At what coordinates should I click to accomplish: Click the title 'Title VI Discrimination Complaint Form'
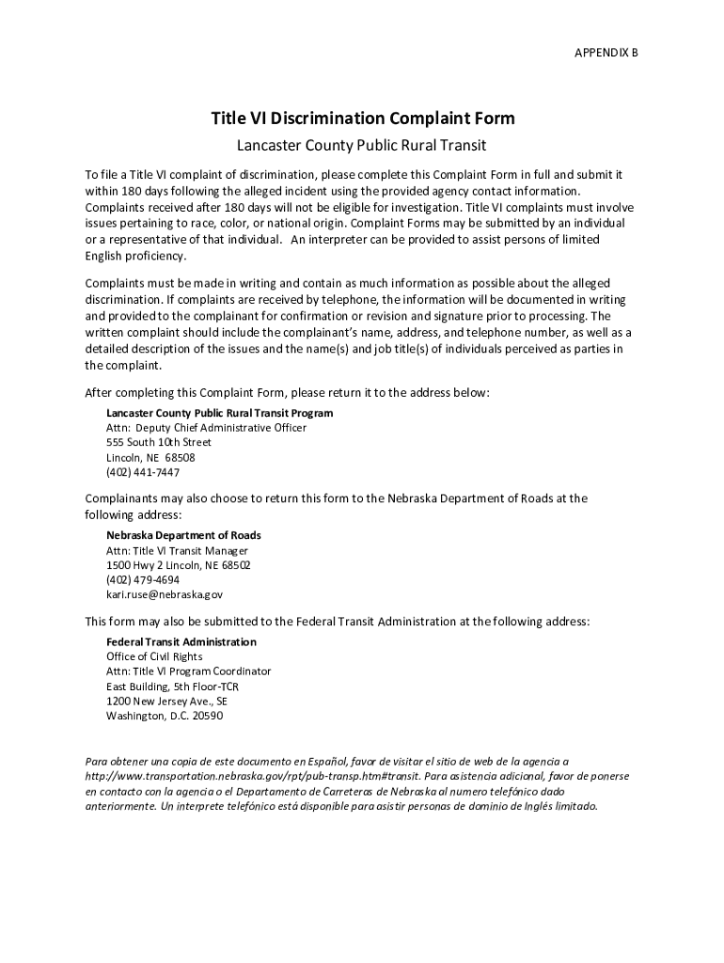pyautogui.click(x=362, y=118)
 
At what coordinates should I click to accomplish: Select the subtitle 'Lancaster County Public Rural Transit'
pyautogui.click(x=362, y=146)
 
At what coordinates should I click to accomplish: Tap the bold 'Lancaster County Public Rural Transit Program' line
pyautogui.click(x=219, y=413)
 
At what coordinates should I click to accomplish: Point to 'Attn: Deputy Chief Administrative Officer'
pyautogui.click(x=206, y=428)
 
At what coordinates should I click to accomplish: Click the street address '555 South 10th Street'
pyautogui.click(x=159, y=442)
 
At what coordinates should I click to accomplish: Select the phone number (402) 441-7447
pyautogui.click(x=143, y=472)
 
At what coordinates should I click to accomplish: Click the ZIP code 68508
pyautogui.click(x=181, y=457)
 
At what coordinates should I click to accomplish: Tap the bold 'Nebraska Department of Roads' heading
pyautogui.click(x=183, y=535)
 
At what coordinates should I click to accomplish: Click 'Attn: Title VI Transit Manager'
pyautogui.click(x=177, y=550)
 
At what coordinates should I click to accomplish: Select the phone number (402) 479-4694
pyautogui.click(x=143, y=580)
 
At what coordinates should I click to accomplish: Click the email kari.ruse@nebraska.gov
pyautogui.click(x=165, y=595)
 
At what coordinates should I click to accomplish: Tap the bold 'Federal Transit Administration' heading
pyautogui.click(x=181, y=641)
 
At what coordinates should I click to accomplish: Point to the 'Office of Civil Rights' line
pyautogui.click(x=154, y=656)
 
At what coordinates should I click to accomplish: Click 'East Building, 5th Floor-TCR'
pyautogui.click(x=172, y=687)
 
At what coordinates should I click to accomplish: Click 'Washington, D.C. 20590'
pyautogui.click(x=165, y=717)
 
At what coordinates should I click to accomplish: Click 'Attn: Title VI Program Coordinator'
pyautogui.click(x=188, y=671)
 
